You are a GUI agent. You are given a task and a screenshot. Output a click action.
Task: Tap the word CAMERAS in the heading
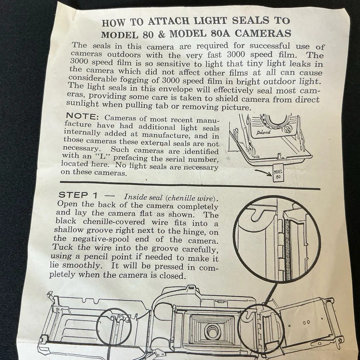263,33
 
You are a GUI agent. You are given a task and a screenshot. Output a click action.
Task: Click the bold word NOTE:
82,116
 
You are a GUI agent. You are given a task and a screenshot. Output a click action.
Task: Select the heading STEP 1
78,195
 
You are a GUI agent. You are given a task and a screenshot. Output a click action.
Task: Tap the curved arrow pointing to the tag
263,172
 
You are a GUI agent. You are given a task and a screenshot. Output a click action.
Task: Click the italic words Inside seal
143,197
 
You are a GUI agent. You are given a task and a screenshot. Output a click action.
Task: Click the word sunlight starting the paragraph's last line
82,104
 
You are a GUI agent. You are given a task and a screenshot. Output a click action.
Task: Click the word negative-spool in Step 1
101,239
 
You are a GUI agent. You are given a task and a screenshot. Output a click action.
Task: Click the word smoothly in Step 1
82,265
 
